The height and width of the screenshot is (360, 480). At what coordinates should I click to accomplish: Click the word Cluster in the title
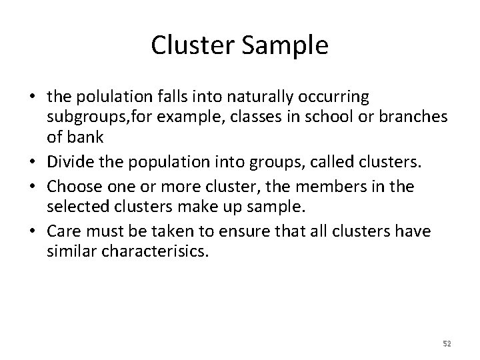click(x=188, y=45)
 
